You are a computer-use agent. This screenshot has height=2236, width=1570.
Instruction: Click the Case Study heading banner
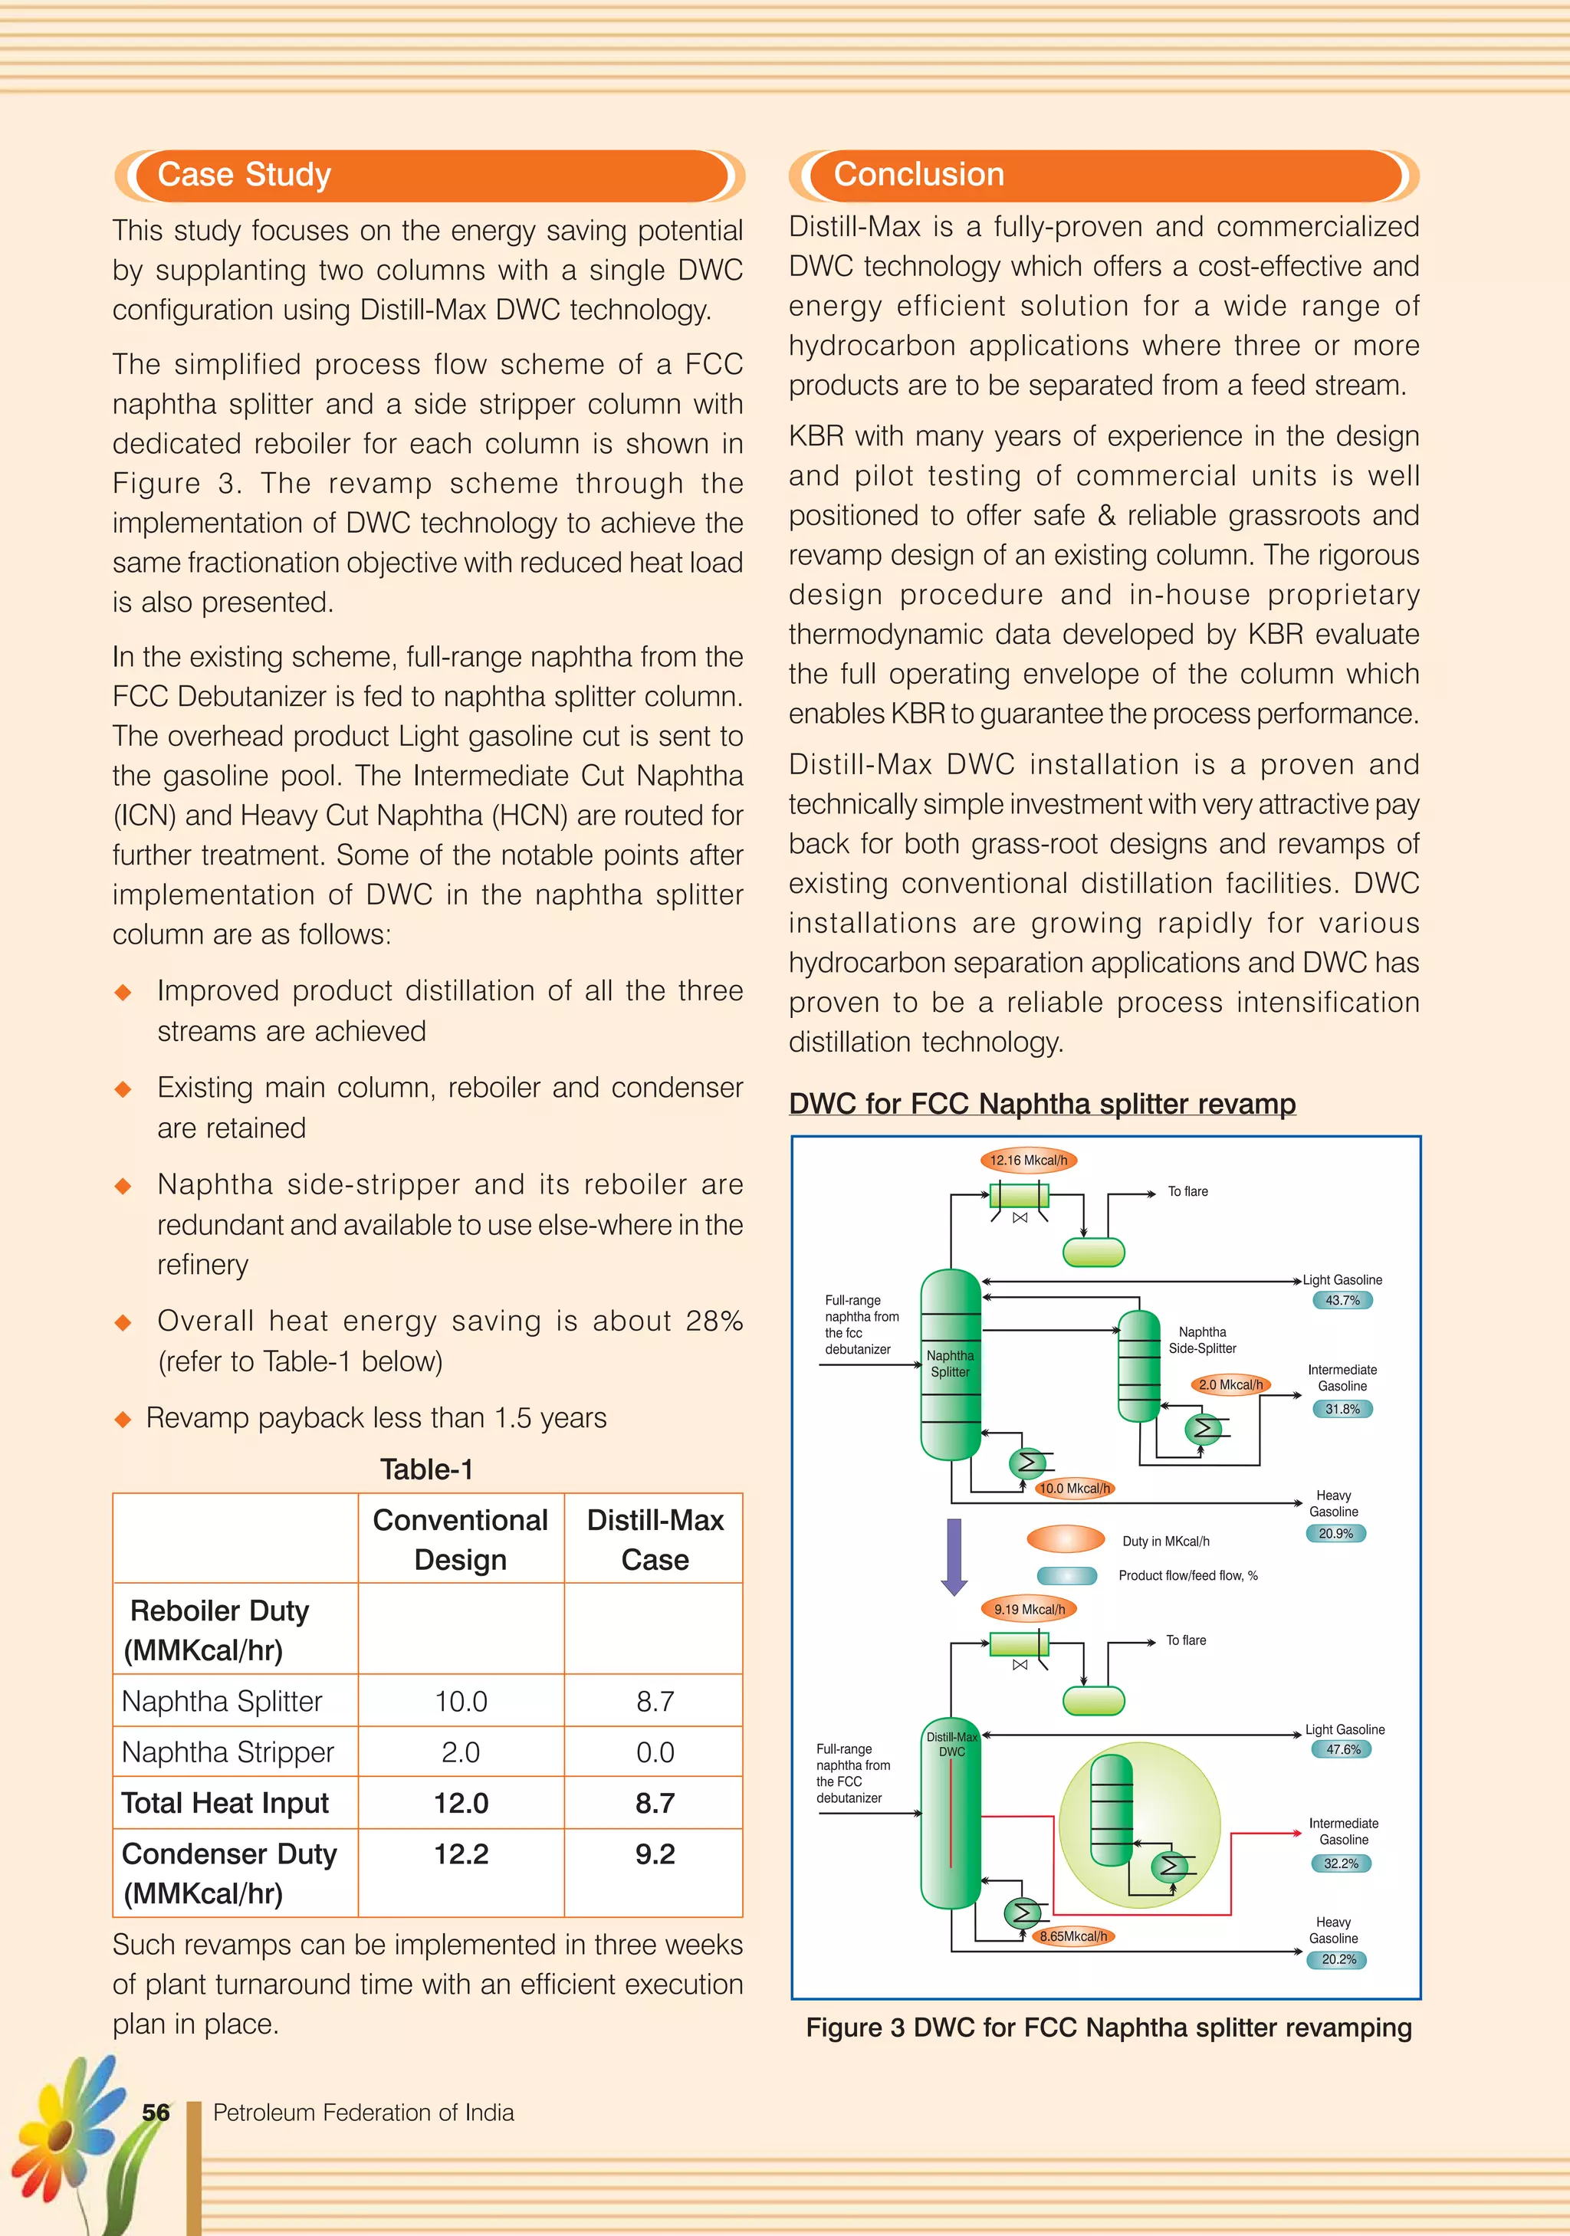click(x=429, y=176)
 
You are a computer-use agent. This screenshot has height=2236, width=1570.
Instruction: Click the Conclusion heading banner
click(x=1103, y=176)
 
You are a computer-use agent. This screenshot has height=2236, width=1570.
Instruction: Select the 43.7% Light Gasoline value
click(x=1342, y=1300)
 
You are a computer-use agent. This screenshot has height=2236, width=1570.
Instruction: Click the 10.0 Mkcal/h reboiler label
click(x=1073, y=1488)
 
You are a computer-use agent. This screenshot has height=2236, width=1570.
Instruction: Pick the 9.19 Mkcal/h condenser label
click(x=1029, y=1609)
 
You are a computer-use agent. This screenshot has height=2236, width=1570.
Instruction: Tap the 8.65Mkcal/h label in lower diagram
click(x=1072, y=1936)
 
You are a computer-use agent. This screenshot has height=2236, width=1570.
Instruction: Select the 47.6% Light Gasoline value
click(x=1342, y=1749)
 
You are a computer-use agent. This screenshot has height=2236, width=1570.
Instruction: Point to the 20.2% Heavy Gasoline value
click(x=1337, y=1959)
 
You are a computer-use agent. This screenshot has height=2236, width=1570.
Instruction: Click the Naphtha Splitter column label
click(x=950, y=1364)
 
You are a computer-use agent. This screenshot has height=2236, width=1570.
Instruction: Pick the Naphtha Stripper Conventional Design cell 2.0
click(x=461, y=1752)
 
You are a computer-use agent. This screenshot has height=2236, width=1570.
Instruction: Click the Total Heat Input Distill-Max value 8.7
click(x=655, y=1803)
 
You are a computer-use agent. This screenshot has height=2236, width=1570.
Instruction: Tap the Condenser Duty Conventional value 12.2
click(x=461, y=1853)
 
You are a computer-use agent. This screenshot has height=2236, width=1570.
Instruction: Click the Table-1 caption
click(x=426, y=1469)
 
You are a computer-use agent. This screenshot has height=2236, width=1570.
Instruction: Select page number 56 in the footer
click(x=156, y=2113)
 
